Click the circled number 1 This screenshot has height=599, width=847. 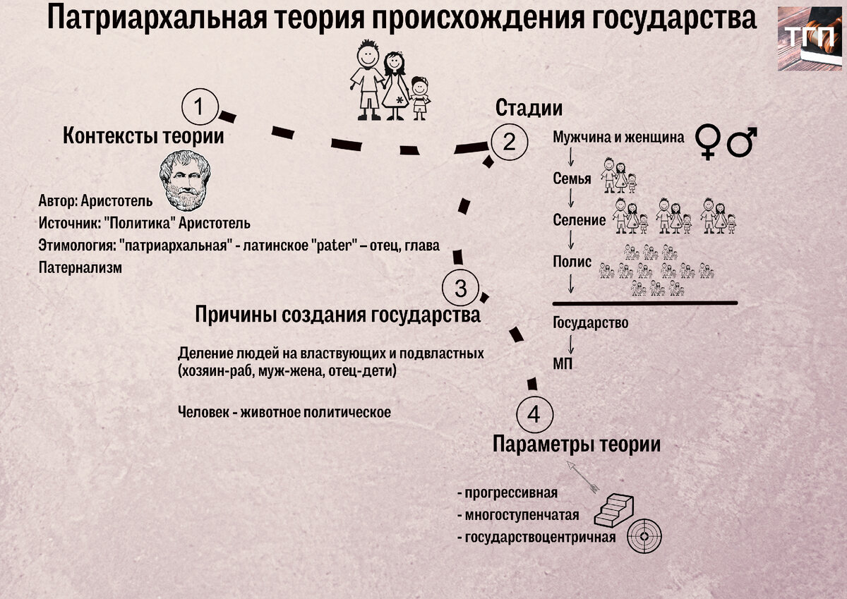(x=198, y=107)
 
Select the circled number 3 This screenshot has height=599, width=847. (x=460, y=288)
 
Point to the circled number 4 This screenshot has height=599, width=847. (x=534, y=414)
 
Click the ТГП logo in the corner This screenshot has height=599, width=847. (x=810, y=39)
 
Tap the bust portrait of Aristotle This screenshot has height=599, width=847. (x=184, y=179)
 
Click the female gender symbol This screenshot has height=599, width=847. (x=707, y=140)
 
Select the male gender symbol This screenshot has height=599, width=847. (x=742, y=141)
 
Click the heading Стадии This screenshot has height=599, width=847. (x=529, y=108)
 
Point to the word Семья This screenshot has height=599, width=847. (x=572, y=179)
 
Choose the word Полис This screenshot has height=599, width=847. (x=572, y=261)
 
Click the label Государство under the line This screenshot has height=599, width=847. (x=591, y=322)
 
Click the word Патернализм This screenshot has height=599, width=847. (x=80, y=267)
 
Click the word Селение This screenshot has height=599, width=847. (x=579, y=220)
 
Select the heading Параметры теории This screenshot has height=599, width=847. (x=576, y=444)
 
